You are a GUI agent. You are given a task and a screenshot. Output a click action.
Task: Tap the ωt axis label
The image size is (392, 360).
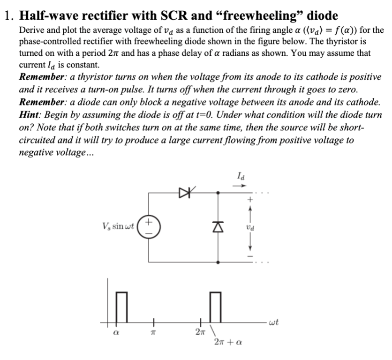point(275,322)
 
